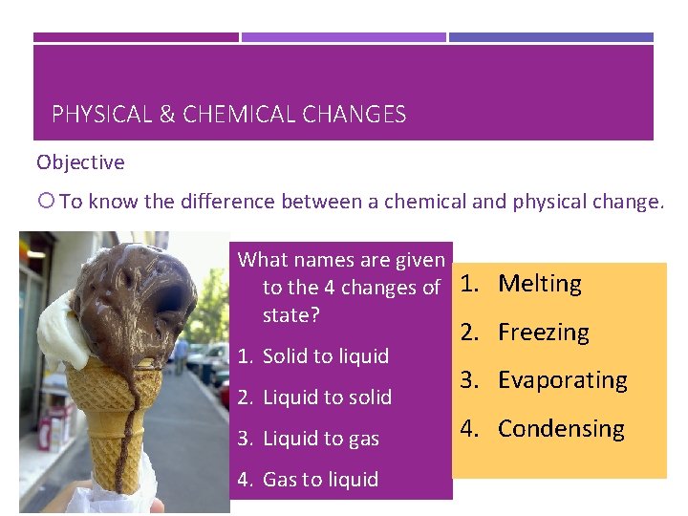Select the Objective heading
pos(80,162)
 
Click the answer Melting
pos(540,284)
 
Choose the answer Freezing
pos(544,333)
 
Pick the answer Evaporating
pos(563,380)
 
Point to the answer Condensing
pos(561,429)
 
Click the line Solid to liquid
pos(325,356)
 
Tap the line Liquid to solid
pos(327,398)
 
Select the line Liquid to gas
pos(320,439)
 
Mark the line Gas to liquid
pos(320,480)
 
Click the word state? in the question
pos(290,315)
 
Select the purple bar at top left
pos(136,37)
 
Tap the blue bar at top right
pos(551,37)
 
